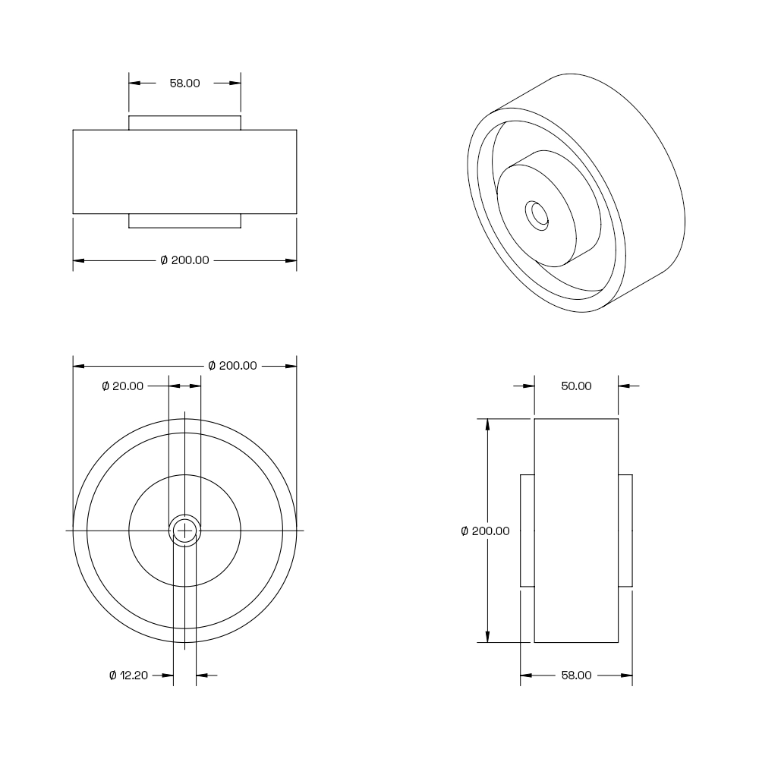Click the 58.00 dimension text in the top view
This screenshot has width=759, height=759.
(x=184, y=83)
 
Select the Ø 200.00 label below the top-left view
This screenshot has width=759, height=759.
(x=184, y=260)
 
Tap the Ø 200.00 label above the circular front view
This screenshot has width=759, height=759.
(x=232, y=366)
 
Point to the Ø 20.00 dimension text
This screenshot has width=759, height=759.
(x=122, y=386)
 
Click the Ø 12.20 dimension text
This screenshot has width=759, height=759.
(x=128, y=676)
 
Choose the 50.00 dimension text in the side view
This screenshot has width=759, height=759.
(x=576, y=386)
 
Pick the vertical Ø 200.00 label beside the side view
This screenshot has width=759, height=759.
(x=485, y=531)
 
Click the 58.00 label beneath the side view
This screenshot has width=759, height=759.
(x=576, y=676)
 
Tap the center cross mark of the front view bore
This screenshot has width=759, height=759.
(x=184, y=531)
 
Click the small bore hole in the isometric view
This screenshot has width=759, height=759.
(x=537, y=216)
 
